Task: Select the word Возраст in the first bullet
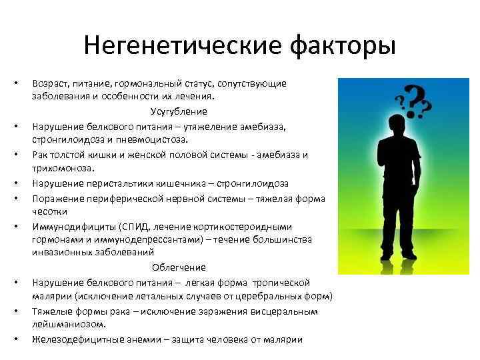[51, 83]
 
